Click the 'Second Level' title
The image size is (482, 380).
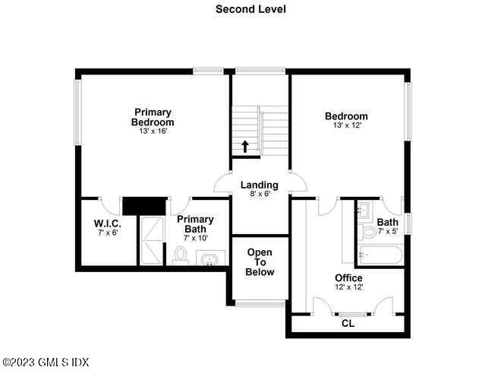click(x=240, y=9)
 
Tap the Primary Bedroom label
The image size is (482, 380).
click(x=153, y=117)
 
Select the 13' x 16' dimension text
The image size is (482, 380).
click(x=153, y=131)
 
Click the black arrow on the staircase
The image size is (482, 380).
click(x=245, y=145)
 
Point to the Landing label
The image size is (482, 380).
click(x=259, y=185)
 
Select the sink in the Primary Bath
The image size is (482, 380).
click(x=209, y=260)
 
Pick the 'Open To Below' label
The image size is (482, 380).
click(x=260, y=261)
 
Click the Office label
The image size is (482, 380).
click(x=348, y=277)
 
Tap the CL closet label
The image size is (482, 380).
click(x=348, y=323)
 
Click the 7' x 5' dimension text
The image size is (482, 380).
click(x=387, y=232)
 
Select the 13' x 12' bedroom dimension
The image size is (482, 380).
click(x=346, y=126)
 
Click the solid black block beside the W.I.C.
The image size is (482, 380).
click(x=144, y=206)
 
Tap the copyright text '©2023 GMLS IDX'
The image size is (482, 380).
click(x=46, y=363)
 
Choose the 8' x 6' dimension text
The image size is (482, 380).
click(x=259, y=194)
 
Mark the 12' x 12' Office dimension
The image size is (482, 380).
click(x=348, y=287)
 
